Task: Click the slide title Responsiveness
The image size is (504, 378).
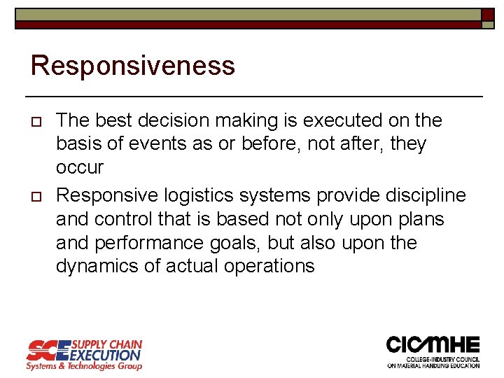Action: [x=133, y=66]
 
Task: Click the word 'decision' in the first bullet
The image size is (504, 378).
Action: [x=188, y=120]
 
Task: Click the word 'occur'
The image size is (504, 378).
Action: [x=80, y=168]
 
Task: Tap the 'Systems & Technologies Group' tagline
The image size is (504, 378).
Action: [x=84, y=366]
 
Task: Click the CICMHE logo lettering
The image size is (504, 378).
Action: [x=433, y=345]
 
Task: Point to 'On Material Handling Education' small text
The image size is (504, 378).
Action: [x=434, y=365]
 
